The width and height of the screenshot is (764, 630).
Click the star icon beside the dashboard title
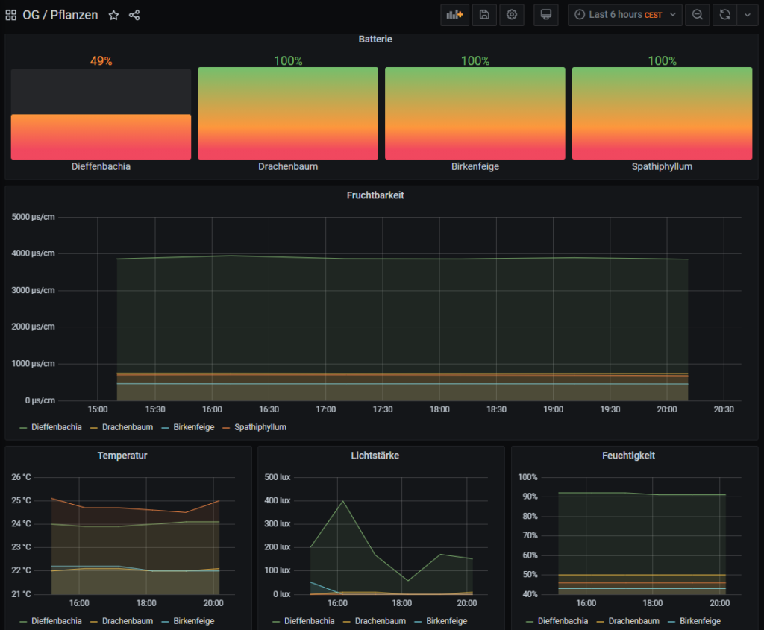[113, 15]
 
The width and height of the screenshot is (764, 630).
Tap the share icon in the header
[134, 15]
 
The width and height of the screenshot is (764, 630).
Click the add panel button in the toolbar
[454, 15]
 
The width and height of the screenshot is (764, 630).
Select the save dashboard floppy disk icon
[484, 15]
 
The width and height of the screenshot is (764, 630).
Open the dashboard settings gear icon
[511, 15]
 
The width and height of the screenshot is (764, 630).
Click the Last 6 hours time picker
[624, 15]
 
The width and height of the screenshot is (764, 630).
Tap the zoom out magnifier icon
[697, 15]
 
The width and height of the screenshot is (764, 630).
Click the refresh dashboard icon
[724, 15]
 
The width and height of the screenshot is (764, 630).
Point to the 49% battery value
[101, 61]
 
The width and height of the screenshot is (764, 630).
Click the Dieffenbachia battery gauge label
[101, 167]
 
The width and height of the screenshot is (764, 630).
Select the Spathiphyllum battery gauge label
[662, 167]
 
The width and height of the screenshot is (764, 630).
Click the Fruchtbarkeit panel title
[375, 195]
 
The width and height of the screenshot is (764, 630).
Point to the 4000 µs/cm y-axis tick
[34, 253]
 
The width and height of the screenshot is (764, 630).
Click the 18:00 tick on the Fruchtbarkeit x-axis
[439, 409]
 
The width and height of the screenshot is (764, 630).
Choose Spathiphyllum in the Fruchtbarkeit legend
[260, 427]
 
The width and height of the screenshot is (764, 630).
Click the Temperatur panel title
[122, 456]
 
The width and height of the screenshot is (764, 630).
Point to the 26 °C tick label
[22, 477]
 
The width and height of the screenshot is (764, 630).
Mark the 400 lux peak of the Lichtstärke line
[342, 500]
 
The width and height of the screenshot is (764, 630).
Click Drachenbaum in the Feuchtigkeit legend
[633, 621]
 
